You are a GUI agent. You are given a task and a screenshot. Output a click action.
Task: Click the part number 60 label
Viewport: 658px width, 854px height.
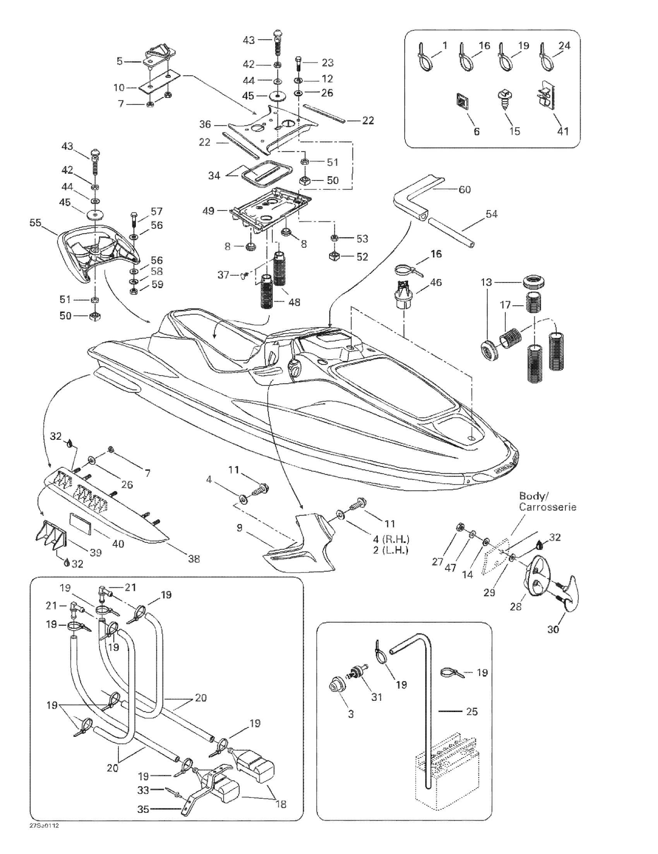click(x=464, y=190)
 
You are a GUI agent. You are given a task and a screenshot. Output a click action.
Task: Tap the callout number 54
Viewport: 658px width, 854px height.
click(x=492, y=214)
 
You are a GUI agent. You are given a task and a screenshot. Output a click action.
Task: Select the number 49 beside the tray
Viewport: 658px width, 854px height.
click(x=208, y=211)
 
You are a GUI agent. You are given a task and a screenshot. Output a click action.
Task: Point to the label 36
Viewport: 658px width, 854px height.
click(x=205, y=124)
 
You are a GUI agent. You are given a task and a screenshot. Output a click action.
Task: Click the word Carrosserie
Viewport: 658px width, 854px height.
click(x=547, y=507)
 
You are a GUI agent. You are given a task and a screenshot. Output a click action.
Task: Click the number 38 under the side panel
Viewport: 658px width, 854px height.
click(x=194, y=559)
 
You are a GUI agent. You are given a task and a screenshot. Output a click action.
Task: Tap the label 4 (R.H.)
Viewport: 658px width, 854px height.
click(x=391, y=540)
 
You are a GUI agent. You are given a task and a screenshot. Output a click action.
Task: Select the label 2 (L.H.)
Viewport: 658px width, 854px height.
click(x=391, y=550)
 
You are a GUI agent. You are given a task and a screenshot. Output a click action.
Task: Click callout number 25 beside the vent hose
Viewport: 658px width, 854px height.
click(x=472, y=711)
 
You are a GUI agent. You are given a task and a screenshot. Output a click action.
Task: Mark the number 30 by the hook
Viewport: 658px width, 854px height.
click(x=553, y=629)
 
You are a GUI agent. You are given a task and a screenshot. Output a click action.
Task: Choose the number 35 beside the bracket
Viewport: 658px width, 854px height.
click(x=144, y=809)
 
